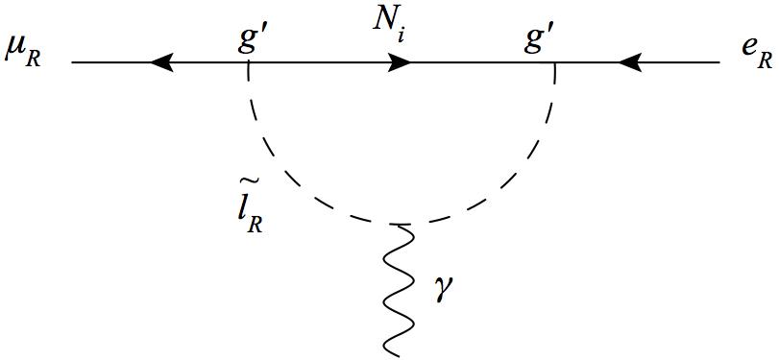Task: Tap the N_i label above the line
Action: coord(387,24)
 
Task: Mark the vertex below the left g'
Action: coord(250,63)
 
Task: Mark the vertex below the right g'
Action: coord(555,63)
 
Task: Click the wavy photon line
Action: coord(398,288)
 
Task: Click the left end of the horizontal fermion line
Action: coord(72,63)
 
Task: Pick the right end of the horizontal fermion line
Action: coord(719,63)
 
